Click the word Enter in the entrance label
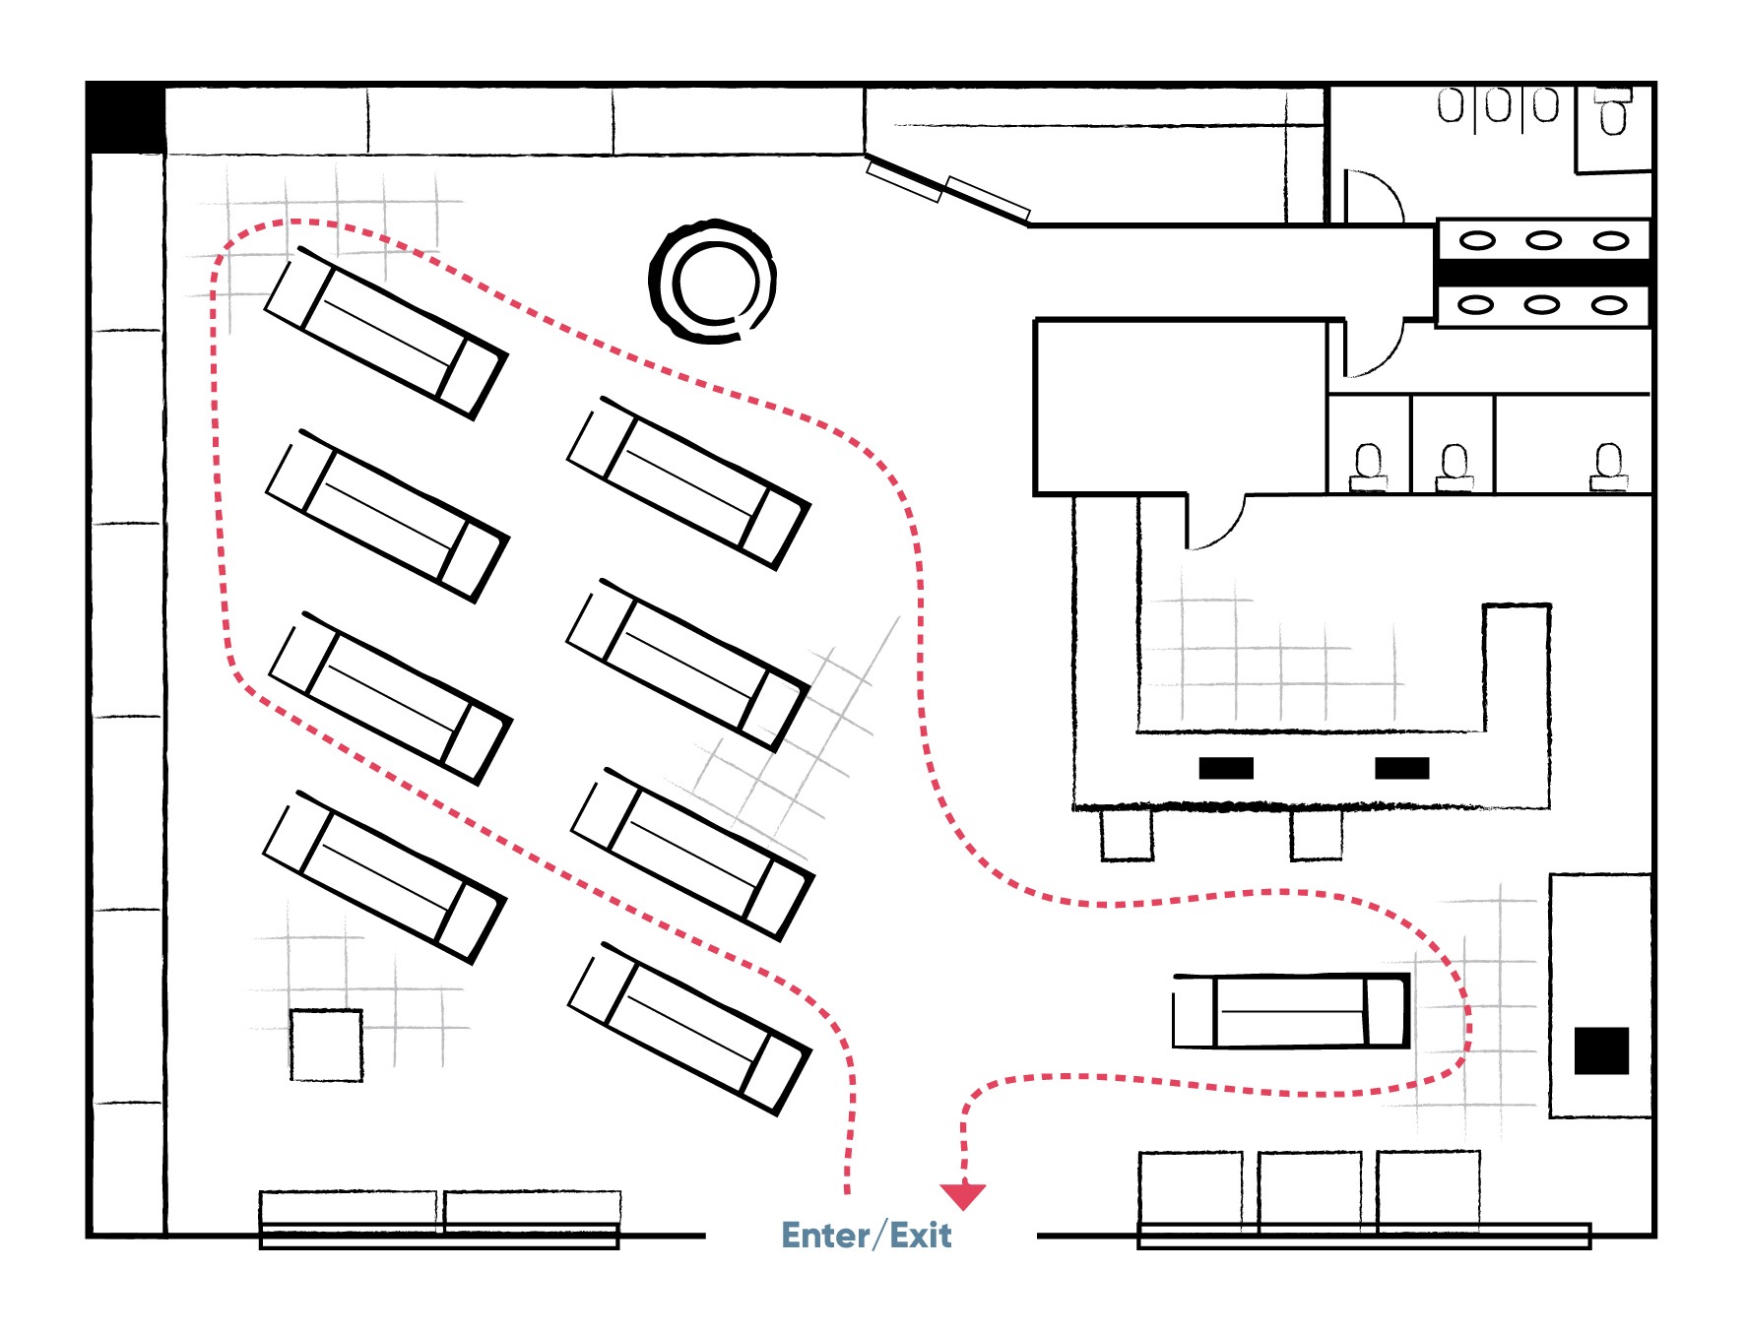click(x=825, y=1235)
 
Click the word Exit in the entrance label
click(x=921, y=1235)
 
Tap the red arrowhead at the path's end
click(x=963, y=1195)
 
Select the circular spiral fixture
click(x=712, y=282)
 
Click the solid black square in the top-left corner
click(x=127, y=118)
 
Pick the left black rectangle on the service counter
click(x=1226, y=768)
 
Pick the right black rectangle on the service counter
click(x=1402, y=768)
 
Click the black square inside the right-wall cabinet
click(x=1601, y=1050)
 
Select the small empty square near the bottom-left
click(x=327, y=1045)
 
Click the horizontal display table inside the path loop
click(x=1291, y=1011)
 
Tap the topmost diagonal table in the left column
click(x=386, y=333)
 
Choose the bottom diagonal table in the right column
click(x=690, y=1029)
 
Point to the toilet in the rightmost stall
click(x=1608, y=466)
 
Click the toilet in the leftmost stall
click(x=1368, y=467)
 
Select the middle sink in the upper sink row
click(x=1543, y=240)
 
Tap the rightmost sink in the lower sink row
click(x=1609, y=305)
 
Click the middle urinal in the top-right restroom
click(x=1498, y=105)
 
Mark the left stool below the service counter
click(x=1127, y=834)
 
